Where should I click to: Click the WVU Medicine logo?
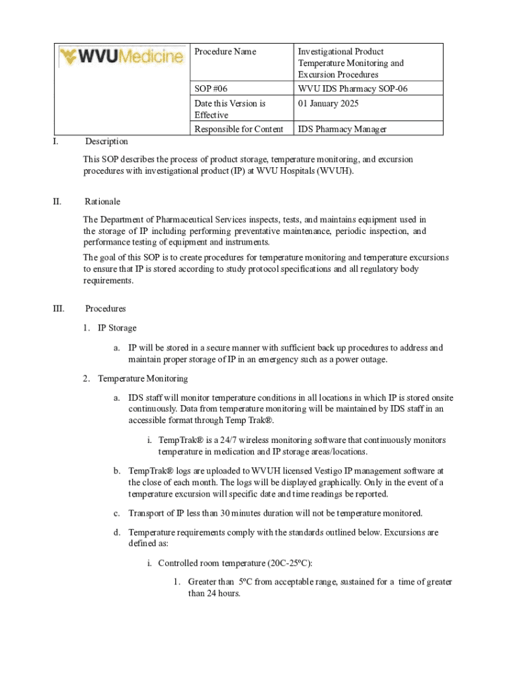pos(121,56)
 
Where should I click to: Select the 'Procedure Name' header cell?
pos(225,52)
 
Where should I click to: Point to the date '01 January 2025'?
pos(331,103)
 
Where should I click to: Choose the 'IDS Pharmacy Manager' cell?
pos(342,130)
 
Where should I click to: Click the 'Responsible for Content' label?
pos(239,130)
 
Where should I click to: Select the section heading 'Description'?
pos(106,141)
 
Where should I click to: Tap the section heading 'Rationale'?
pos(102,202)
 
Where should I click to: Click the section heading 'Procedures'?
pos(106,309)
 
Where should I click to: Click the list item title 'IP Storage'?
pos(117,328)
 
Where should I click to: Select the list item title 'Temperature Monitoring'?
pos(143,379)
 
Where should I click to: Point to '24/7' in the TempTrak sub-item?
pos(229,440)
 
